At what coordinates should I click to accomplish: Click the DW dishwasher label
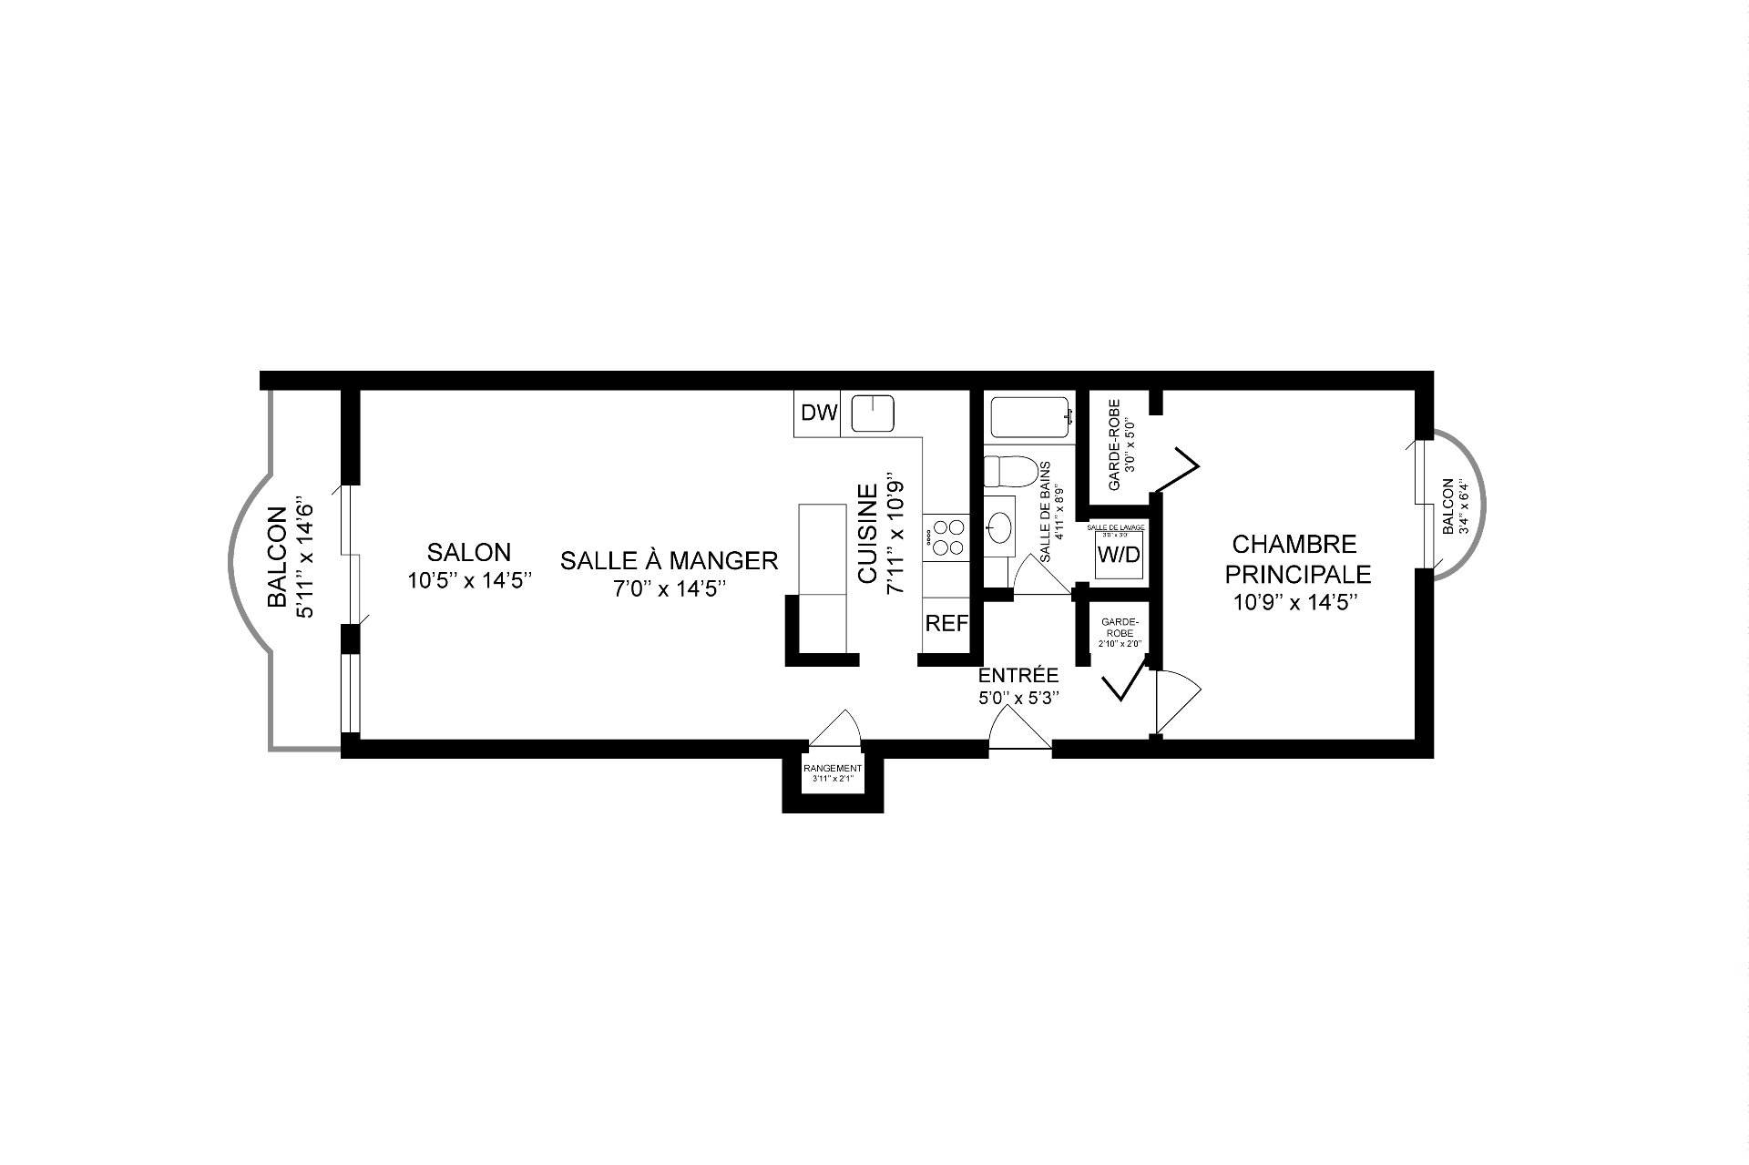[818, 414]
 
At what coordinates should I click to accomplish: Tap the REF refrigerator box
[945, 624]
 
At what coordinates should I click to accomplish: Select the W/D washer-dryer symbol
[1118, 555]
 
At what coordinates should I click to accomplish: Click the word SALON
[469, 552]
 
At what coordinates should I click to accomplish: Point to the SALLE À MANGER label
[669, 560]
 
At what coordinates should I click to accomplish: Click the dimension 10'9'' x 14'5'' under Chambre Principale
[1297, 602]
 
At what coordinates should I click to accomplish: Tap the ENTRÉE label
[1018, 676]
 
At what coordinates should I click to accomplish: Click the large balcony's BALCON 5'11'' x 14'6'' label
[290, 556]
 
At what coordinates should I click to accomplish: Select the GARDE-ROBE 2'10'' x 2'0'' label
[1118, 632]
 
